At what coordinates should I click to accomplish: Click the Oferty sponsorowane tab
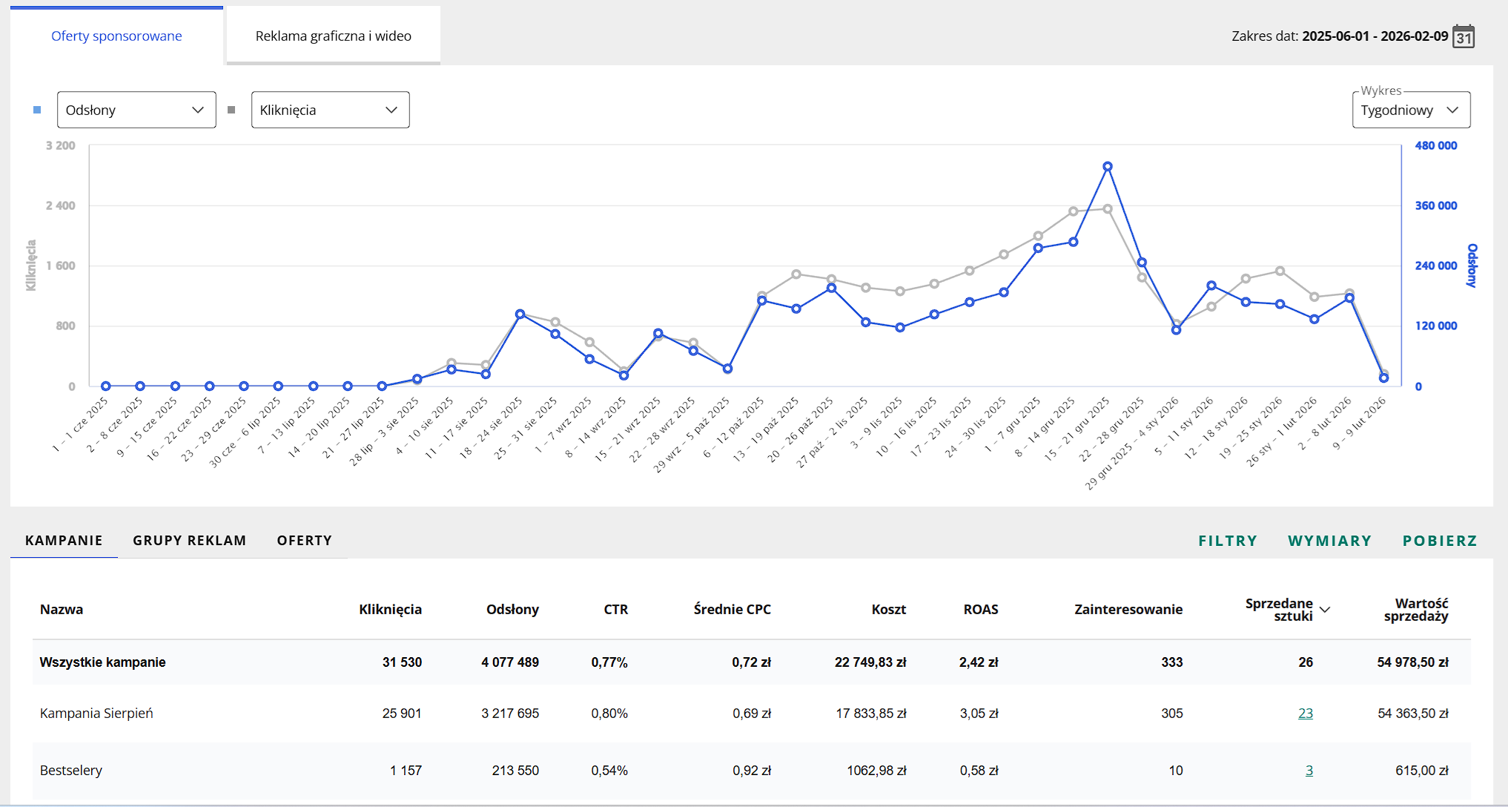[116, 36]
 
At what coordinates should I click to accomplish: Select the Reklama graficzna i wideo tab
[333, 36]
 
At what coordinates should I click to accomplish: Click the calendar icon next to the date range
[1464, 36]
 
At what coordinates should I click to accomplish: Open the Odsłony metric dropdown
[136, 110]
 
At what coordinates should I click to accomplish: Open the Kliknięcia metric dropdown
[330, 110]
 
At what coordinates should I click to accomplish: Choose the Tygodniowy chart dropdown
[1411, 110]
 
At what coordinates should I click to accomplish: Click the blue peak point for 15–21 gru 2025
[1108, 167]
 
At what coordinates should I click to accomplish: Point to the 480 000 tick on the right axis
[1436, 145]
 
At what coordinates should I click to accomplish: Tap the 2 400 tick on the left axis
[61, 205]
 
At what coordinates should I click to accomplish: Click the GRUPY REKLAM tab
[190, 541]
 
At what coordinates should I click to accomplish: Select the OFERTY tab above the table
[305, 541]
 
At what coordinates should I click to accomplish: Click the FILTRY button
[1228, 541]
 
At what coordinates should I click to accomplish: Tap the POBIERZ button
[1440, 541]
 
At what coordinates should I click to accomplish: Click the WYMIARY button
[1330, 541]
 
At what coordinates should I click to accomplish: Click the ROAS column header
[981, 610]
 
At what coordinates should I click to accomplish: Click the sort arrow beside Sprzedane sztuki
[1325, 610]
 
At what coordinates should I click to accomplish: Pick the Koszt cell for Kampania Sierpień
[871, 714]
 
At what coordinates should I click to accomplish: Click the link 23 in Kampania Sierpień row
[1306, 714]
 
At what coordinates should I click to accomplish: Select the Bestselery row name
[71, 771]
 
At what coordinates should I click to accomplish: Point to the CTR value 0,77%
[609, 662]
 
